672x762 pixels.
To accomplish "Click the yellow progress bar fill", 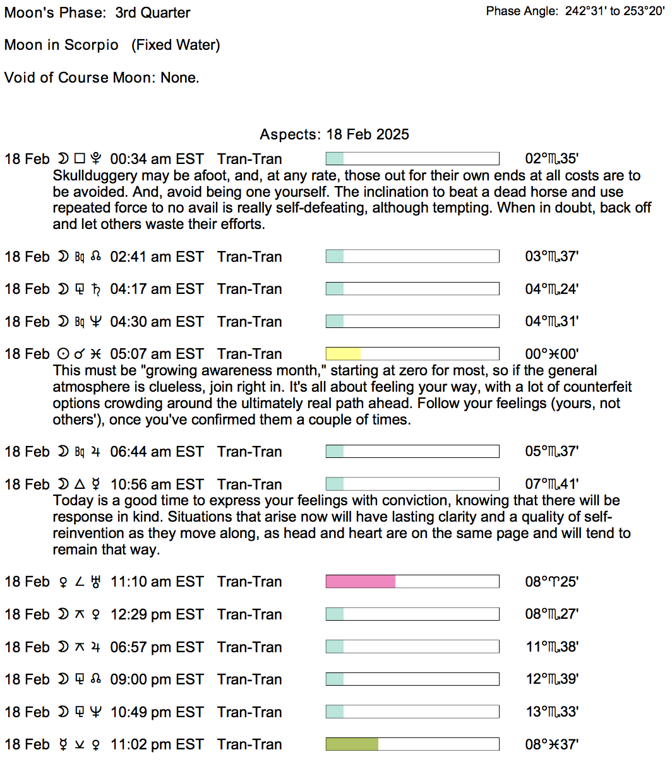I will click(343, 354).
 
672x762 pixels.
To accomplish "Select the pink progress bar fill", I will click(360, 582).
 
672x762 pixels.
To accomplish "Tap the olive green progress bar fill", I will click(352, 744).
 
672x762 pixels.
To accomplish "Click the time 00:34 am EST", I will click(157, 159).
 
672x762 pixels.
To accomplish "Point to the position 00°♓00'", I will click(551, 354).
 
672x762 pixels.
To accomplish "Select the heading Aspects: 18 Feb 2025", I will click(334, 134).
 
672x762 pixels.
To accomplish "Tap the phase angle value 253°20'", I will click(644, 11).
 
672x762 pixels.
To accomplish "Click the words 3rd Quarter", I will click(152, 13).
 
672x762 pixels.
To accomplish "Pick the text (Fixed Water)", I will click(176, 45).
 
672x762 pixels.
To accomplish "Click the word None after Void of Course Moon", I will click(179, 78).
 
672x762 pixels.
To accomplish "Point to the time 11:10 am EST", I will click(157, 582).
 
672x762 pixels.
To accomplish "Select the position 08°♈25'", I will click(551, 582).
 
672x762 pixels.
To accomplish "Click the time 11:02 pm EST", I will click(157, 744).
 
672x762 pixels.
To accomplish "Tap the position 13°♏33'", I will click(551, 712).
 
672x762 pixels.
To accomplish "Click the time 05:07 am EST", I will click(157, 354).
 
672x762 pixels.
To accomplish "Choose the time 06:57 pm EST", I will click(157, 647).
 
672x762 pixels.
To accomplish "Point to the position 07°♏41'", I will click(551, 484).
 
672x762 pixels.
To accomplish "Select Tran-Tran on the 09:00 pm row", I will click(249, 679).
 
